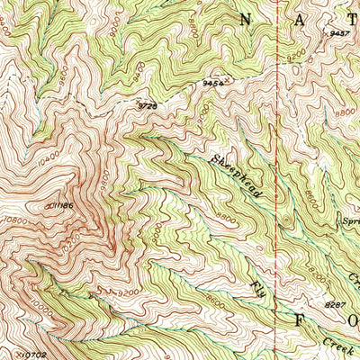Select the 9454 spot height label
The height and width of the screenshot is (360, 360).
[212, 84]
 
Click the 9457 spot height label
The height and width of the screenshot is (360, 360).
[339, 33]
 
